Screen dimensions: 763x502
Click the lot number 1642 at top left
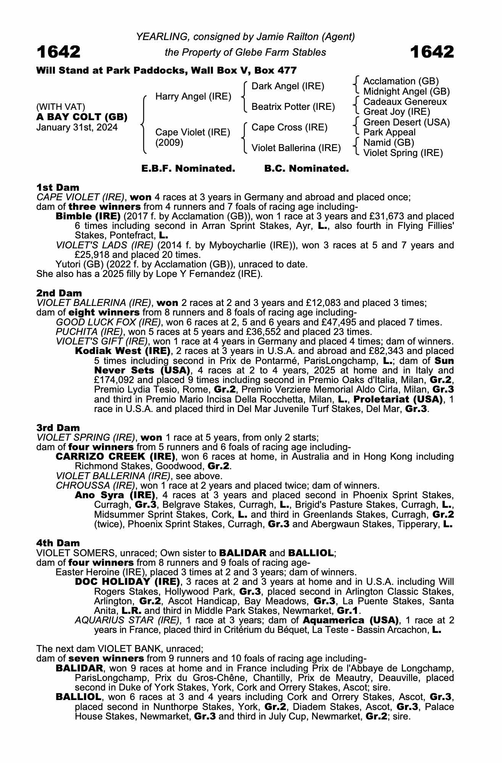point(58,52)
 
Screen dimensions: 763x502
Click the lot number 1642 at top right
point(432,52)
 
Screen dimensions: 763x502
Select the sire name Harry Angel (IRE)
point(193,97)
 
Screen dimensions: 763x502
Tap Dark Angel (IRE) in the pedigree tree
point(288,86)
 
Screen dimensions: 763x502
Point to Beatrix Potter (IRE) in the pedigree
point(293,107)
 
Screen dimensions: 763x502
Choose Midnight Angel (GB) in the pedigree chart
point(407,92)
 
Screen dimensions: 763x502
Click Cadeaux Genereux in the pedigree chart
point(405,102)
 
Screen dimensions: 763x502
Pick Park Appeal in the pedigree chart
point(389,132)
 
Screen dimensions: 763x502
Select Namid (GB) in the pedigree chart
point(389,143)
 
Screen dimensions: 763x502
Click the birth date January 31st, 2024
point(77,127)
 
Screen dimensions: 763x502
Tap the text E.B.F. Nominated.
point(188,169)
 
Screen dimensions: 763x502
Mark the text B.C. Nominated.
point(307,169)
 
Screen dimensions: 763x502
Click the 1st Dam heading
point(58,187)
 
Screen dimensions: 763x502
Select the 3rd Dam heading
point(58,428)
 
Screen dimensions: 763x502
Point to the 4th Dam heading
point(58,543)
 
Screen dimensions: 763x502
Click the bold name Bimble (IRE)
point(88,216)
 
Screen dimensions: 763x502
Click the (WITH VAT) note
point(61,107)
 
